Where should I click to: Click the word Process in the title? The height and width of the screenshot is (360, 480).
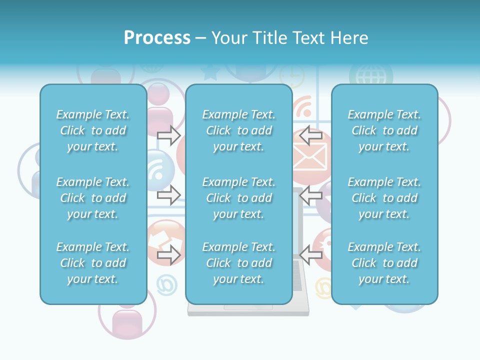click(x=157, y=38)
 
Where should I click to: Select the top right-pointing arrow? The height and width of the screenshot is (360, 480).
click(x=168, y=135)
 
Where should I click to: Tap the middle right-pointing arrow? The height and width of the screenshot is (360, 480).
click(x=168, y=195)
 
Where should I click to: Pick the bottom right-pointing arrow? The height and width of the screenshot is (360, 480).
click(x=168, y=255)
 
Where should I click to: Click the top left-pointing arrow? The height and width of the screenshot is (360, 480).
click(x=311, y=135)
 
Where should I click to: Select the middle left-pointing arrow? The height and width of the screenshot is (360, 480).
click(x=311, y=195)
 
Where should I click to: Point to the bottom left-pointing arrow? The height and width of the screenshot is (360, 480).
click(x=311, y=255)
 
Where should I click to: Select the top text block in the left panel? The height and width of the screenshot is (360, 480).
click(x=93, y=130)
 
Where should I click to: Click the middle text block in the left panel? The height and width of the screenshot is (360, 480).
click(x=93, y=198)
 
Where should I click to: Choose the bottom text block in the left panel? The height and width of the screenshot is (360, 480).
click(x=93, y=263)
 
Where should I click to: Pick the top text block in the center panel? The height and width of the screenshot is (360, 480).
click(x=238, y=130)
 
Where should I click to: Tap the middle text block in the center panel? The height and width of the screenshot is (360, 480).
click(x=238, y=198)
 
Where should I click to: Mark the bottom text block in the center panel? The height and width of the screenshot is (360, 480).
click(x=238, y=263)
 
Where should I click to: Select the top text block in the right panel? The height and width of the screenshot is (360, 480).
click(x=384, y=130)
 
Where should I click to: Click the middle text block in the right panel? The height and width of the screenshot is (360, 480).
click(x=384, y=198)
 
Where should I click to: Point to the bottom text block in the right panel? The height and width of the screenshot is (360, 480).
click(x=384, y=263)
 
